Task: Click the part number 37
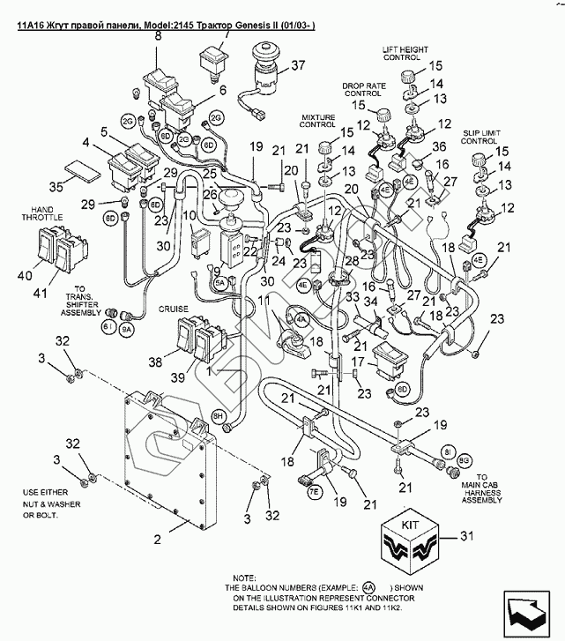(x=297, y=65)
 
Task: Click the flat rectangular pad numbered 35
(x=84, y=168)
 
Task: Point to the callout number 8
(x=159, y=36)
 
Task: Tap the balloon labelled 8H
(x=219, y=414)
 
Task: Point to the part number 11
(x=264, y=302)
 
